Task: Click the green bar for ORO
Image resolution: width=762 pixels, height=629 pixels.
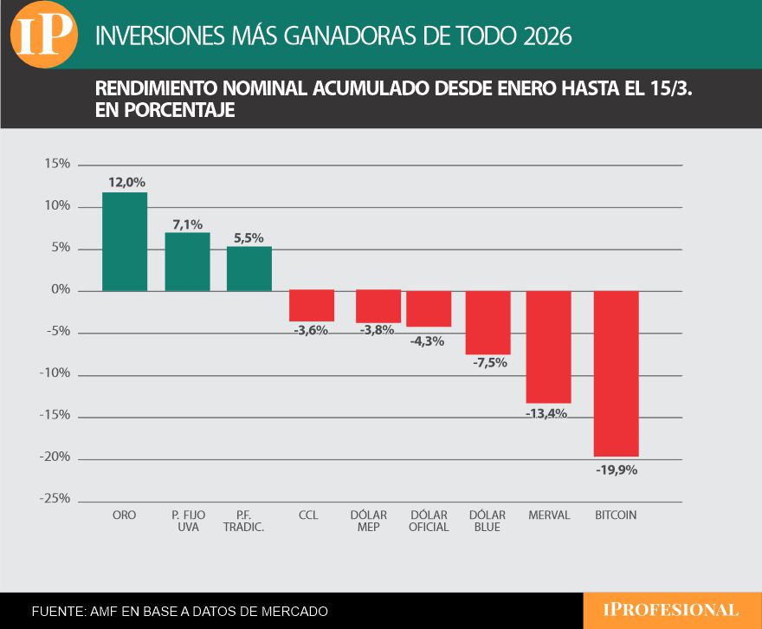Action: (125, 242)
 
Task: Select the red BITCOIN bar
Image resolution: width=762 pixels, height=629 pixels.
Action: (617, 373)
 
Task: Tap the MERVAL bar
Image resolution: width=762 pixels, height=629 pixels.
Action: (549, 347)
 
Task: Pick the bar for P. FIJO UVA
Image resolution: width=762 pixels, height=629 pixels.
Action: (187, 262)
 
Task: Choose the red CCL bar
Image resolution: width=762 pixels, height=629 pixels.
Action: (312, 306)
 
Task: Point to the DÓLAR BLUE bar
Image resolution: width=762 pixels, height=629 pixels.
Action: (488, 322)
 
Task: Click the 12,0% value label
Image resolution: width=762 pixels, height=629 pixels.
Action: (126, 183)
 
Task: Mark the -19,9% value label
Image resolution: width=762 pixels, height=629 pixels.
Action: (617, 470)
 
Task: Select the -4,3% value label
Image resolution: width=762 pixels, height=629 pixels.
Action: (427, 341)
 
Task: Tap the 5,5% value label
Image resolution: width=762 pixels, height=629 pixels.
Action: (249, 237)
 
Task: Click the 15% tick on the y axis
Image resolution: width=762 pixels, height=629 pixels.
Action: (59, 165)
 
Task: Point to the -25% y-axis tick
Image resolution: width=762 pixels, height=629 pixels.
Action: (57, 499)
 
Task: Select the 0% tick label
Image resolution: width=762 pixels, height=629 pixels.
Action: (61, 290)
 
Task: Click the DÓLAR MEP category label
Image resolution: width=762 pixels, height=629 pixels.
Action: (369, 521)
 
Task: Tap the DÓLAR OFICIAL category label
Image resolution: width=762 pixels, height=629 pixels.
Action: (429, 521)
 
